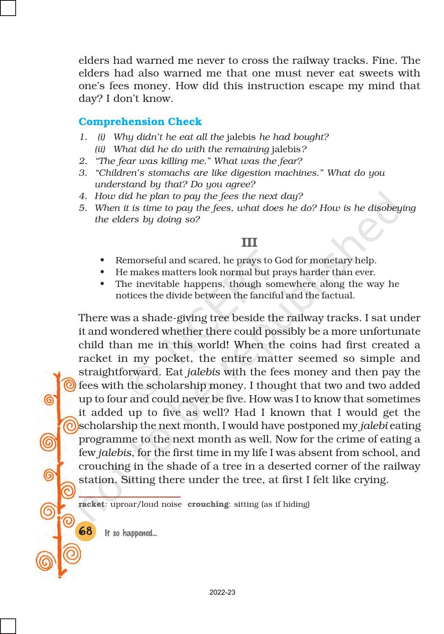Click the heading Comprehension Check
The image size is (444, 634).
point(140,122)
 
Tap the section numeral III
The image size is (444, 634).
point(249,243)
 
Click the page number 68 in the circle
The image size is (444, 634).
point(85,531)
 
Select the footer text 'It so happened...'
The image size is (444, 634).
point(131,533)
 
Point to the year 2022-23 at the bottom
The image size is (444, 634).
point(222,593)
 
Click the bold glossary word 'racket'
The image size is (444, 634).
point(91,504)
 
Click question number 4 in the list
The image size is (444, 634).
point(82,196)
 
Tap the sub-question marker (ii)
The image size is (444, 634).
point(100,149)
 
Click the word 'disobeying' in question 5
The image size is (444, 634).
point(392,208)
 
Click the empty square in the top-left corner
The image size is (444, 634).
point(8,8)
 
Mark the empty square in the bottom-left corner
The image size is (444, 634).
point(8,626)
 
